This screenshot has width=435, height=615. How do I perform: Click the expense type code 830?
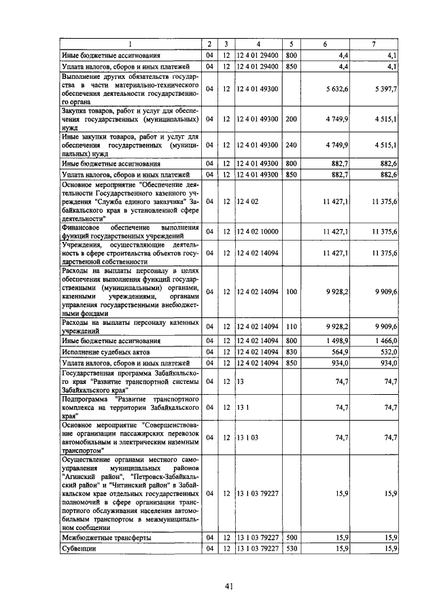tap(292, 352)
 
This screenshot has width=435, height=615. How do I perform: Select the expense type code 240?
tap(292, 145)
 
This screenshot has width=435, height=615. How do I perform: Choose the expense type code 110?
tap(292, 328)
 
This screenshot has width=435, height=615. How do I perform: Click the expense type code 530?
tap(292, 548)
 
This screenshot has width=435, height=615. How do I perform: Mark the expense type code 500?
tap(292, 538)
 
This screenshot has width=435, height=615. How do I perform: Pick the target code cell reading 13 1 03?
tap(247, 438)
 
